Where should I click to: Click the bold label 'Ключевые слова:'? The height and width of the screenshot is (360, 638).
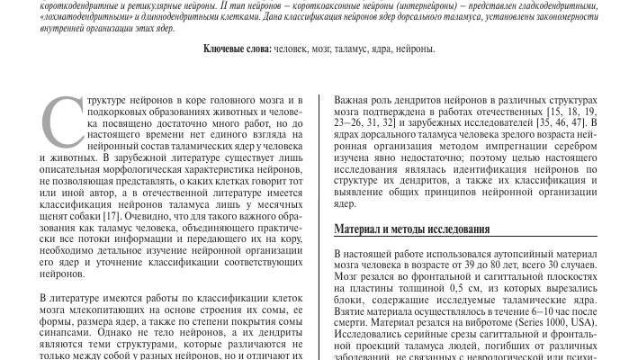235,49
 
